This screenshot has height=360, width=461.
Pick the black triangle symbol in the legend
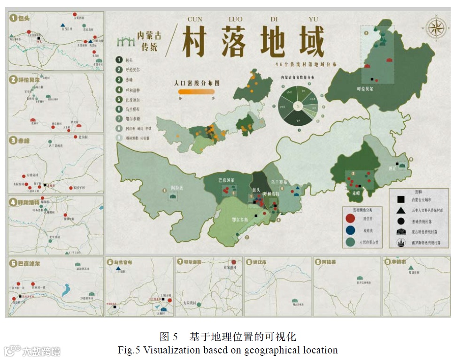[400, 210]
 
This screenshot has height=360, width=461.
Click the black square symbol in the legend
[400, 199]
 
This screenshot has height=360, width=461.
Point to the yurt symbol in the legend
[400, 232]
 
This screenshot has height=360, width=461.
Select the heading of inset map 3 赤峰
[21, 140]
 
